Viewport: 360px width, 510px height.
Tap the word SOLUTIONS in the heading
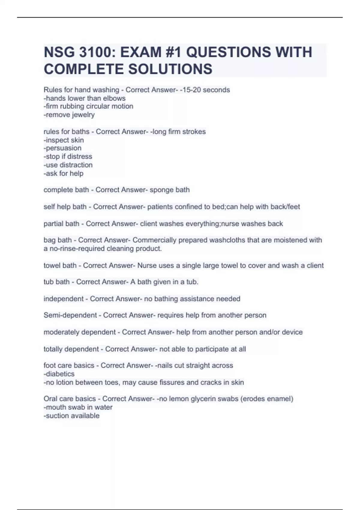click(170, 69)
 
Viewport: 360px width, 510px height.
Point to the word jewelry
click(83, 115)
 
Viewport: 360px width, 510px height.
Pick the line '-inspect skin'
click(64, 140)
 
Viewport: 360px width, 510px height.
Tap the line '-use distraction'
click(68, 165)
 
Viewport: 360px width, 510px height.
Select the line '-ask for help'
click(64, 173)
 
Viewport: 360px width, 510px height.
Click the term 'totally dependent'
click(71, 349)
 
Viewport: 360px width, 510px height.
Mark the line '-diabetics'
click(59, 374)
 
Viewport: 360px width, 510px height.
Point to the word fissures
click(172, 382)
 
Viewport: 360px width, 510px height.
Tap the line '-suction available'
click(72, 416)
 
